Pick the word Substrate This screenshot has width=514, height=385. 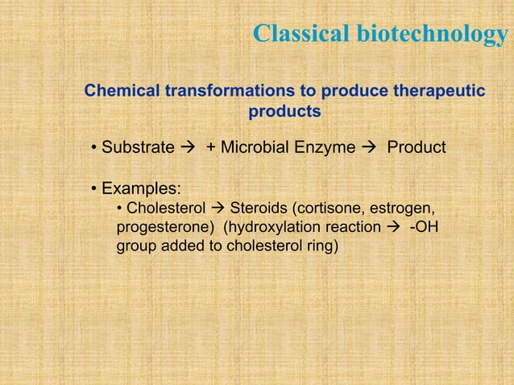tap(138, 148)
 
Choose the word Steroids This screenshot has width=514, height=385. tap(260, 209)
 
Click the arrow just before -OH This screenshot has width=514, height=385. tap(392, 228)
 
